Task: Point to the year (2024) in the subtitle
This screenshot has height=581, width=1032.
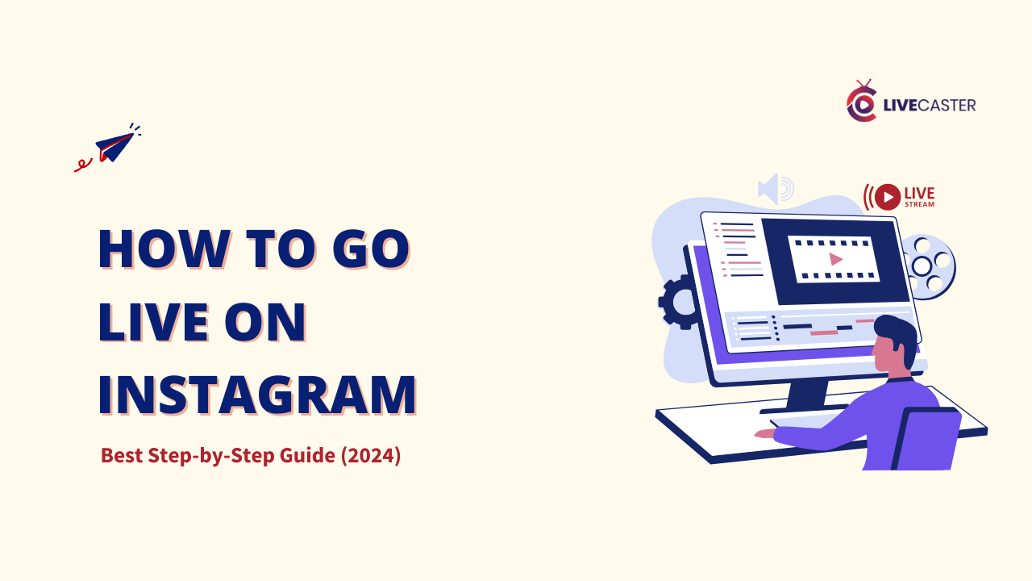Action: pos(371,455)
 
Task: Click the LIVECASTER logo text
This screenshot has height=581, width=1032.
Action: pos(928,105)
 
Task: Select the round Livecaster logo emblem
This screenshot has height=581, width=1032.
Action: pos(861,103)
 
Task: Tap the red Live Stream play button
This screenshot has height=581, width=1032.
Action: pos(887,197)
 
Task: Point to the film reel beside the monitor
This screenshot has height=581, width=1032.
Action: pos(930,265)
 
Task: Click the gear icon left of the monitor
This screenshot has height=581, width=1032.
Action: pos(680,302)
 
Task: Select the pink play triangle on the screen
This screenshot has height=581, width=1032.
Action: pos(835,259)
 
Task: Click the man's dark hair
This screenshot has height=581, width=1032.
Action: pos(897,332)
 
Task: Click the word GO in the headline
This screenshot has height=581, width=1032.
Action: pos(370,249)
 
